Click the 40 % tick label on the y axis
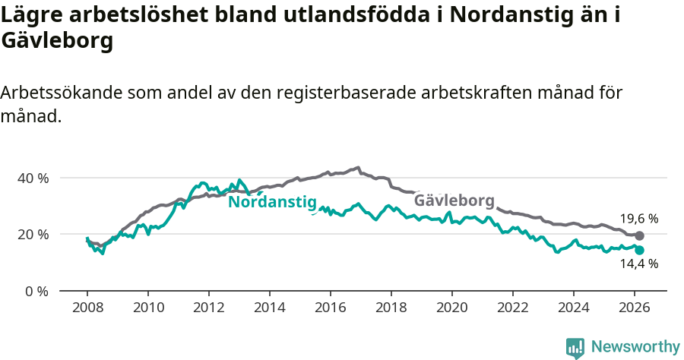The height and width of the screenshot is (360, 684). pyautogui.click(x=33, y=178)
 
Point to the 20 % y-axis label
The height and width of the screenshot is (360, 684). pyautogui.click(x=33, y=234)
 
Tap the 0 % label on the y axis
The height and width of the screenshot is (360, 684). pyautogui.click(x=36, y=291)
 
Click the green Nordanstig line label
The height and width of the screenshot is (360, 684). pyautogui.click(x=271, y=202)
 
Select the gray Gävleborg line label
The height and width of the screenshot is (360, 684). pyautogui.click(x=454, y=201)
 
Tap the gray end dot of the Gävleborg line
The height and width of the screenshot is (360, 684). pyautogui.click(x=639, y=236)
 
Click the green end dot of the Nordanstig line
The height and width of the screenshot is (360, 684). pyautogui.click(x=639, y=250)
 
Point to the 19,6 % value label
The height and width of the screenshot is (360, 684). pyautogui.click(x=638, y=219)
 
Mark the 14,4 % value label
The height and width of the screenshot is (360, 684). pyautogui.click(x=638, y=264)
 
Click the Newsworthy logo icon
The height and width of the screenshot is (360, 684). pyautogui.click(x=575, y=348)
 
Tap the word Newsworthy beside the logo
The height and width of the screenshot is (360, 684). pyautogui.click(x=635, y=347)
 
